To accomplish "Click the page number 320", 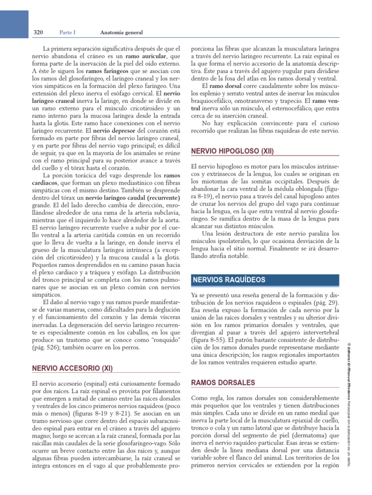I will (x=39, y=33).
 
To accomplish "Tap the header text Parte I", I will (x=68, y=33).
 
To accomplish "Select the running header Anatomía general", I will (x=121, y=33).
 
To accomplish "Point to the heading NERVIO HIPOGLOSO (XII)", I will (x=232, y=151).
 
